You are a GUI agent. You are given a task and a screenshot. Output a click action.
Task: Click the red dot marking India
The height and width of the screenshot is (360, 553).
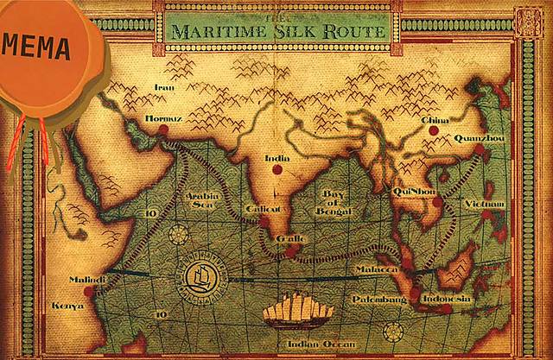tap(277, 170)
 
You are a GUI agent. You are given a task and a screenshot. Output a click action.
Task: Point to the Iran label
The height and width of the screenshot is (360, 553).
tap(164, 87)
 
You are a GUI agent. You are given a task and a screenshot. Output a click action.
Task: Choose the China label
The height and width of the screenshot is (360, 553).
tap(435, 131)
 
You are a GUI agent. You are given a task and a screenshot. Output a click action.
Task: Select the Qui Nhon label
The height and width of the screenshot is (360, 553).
tap(410, 192)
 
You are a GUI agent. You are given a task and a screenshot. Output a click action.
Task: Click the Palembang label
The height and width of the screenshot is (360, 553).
tap(379, 299)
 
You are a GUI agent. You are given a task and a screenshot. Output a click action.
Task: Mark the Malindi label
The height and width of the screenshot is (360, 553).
tap(86, 280)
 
